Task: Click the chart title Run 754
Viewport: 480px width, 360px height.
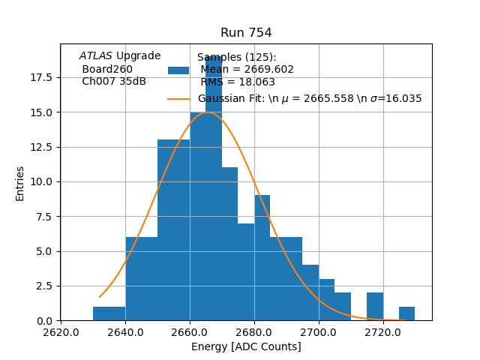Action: click(246, 33)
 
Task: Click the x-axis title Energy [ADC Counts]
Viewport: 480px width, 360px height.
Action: click(246, 346)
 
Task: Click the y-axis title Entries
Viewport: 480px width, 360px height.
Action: click(20, 183)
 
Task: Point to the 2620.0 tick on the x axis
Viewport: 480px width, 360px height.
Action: click(61, 331)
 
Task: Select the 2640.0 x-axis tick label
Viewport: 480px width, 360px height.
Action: click(125, 331)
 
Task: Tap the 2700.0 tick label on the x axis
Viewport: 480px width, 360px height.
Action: click(319, 331)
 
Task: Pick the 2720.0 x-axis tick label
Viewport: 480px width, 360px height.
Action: click(383, 331)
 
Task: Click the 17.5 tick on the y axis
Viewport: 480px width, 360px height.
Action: click(40, 78)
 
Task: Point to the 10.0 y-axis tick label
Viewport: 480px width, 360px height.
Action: click(40, 181)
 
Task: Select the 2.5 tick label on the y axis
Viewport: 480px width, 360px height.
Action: click(43, 286)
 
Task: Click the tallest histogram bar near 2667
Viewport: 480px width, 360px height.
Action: click(214, 187)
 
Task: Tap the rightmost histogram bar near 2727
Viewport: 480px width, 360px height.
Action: click(406, 313)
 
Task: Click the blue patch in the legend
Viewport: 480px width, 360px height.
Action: click(178, 70)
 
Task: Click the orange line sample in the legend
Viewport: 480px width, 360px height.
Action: click(178, 98)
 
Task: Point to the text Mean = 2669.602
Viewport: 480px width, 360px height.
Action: click(247, 70)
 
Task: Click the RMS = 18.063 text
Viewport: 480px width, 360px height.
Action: click(238, 82)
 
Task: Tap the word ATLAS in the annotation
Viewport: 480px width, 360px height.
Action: click(95, 56)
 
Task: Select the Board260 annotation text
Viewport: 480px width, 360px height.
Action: click(107, 69)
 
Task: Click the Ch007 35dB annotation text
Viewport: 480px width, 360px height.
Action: click(114, 82)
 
